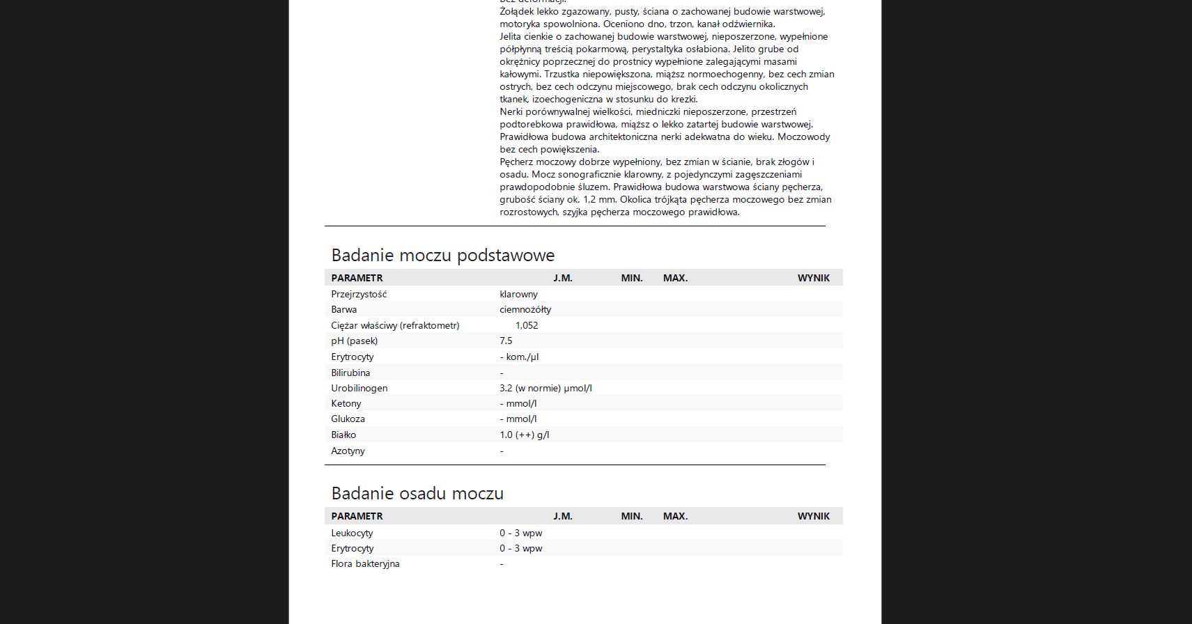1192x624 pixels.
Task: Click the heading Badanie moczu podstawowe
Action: click(x=442, y=255)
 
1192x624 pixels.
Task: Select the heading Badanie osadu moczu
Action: click(x=417, y=493)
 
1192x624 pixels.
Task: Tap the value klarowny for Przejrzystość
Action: click(x=518, y=294)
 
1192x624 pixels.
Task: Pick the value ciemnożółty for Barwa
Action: click(x=525, y=309)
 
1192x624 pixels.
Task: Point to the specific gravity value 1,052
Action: click(x=527, y=325)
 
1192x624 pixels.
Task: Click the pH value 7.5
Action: click(x=506, y=341)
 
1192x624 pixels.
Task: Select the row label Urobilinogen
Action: click(x=359, y=388)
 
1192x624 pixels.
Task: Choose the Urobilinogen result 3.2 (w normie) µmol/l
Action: click(x=545, y=388)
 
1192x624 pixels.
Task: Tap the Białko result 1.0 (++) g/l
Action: click(x=524, y=435)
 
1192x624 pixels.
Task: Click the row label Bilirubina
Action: click(x=350, y=373)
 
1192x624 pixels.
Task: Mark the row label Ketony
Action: click(x=346, y=403)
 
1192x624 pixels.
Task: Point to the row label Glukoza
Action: click(x=348, y=419)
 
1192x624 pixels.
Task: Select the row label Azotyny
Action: click(x=348, y=451)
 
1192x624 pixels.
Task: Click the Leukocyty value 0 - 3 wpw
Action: click(x=520, y=533)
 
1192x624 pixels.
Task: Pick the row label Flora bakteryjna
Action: click(x=365, y=563)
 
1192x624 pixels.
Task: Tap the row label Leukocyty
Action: click(x=352, y=533)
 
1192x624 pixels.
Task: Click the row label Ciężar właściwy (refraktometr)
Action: click(x=395, y=325)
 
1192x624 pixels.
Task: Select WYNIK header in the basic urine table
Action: click(x=813, y=278)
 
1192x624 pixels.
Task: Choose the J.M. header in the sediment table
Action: click(x=562, y=516)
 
